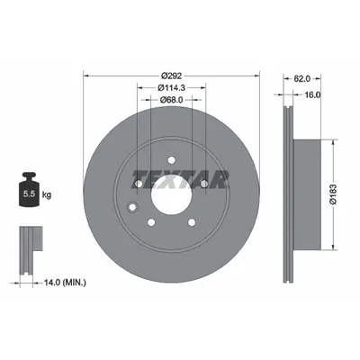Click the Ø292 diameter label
pyautogui.click(x=171, y=76)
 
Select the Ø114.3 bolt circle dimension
pyautogui.click(x=171, y=87)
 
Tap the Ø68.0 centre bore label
pyautogui.click(x=171, y=99)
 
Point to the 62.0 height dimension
pyautogui.click(x=301, y=78)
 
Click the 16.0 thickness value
pyautogui.click(x=312, y=94)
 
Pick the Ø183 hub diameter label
pyautogui.click(x=334, y=194)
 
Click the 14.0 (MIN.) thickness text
pyautogui.click(x=65, y=283)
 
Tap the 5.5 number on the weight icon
pyautogui.click(x=30, y=194)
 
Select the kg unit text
pyautogui.click(x=47, y=195)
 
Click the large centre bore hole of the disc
pyautogui.click(x=171, y=194)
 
